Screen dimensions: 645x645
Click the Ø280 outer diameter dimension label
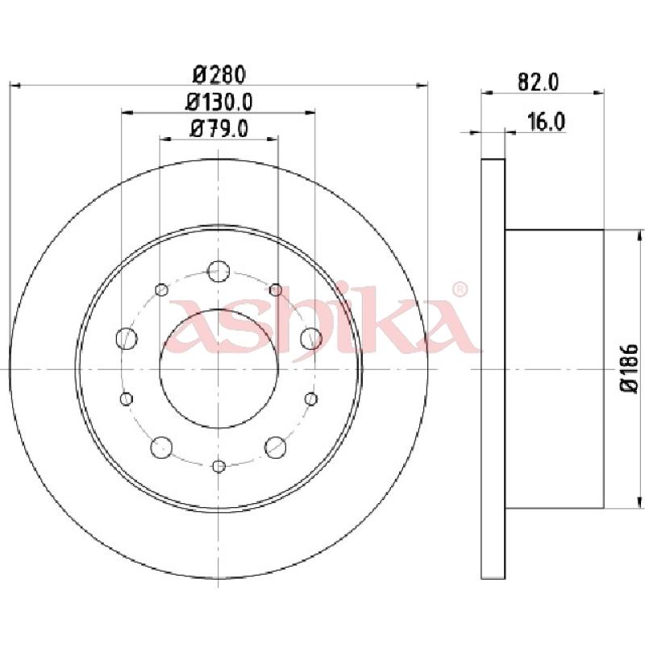click(218, 75)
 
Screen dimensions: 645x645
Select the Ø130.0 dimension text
click(218, 102)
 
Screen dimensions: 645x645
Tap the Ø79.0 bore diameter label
click(218, 128)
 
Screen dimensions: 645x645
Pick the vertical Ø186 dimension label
click(629, 368)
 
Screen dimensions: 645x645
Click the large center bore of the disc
click(218, 369)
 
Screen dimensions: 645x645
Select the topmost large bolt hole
click(218, 272)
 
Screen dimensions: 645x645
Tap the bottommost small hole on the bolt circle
click(218, 465)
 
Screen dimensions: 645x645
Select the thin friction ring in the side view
click(493, 368)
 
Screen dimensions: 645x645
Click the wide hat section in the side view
click(554, 368)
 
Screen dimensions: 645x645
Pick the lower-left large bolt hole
click(162, 446)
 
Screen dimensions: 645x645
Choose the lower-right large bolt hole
click(276, 446)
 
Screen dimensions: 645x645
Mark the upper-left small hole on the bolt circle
click(161, 289)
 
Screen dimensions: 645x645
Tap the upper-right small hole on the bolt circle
click(276, 289)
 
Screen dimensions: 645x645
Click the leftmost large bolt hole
click(127, 339)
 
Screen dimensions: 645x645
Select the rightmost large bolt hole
click(311, 339)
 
